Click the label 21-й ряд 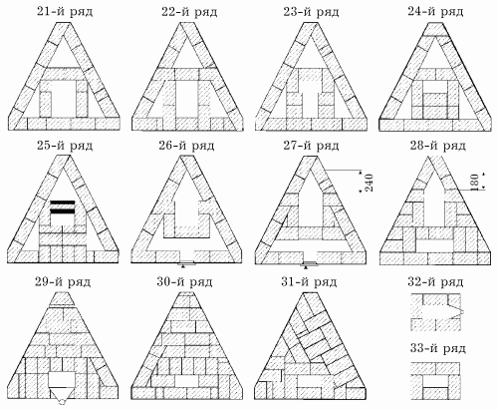click(65, 12)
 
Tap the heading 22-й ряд click(189, 12)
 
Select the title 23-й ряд click(311, 12)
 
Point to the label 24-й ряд click(435, 12)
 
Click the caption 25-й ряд click(65, 147)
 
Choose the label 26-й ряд click(186, 147)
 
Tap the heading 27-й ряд click(311, 147)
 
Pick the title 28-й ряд click(437, 147)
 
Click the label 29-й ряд click(63, 282)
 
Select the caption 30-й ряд click(184, 282)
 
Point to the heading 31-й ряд click(309, 282)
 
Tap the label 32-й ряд click(435, 282)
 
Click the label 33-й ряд click(437, 349)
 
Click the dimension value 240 click(369, 183)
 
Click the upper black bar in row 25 click(62, 203)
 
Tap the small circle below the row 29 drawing click(62, 402)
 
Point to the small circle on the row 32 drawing click(461, 312)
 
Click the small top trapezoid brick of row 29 click(62, 299)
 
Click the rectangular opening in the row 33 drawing click(435, 382)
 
